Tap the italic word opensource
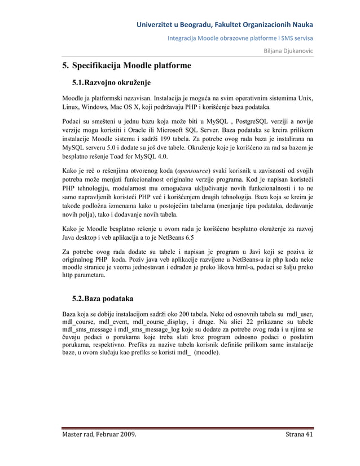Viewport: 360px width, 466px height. [x=192, y=170]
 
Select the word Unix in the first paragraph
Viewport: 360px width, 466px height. [x=304, y=98]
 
